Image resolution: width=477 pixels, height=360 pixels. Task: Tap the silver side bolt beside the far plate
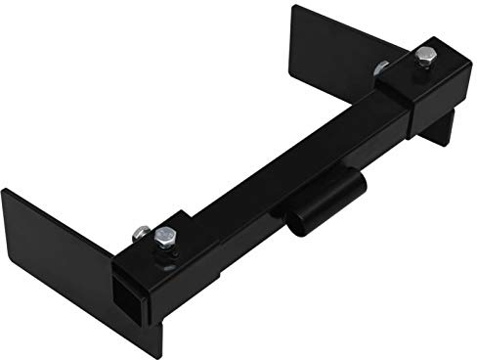point(382,69)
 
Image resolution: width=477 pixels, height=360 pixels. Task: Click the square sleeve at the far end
point(429,87)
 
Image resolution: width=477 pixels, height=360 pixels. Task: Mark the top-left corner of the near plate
point(4,190)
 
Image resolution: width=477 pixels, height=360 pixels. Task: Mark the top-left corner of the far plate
point(292,8)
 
